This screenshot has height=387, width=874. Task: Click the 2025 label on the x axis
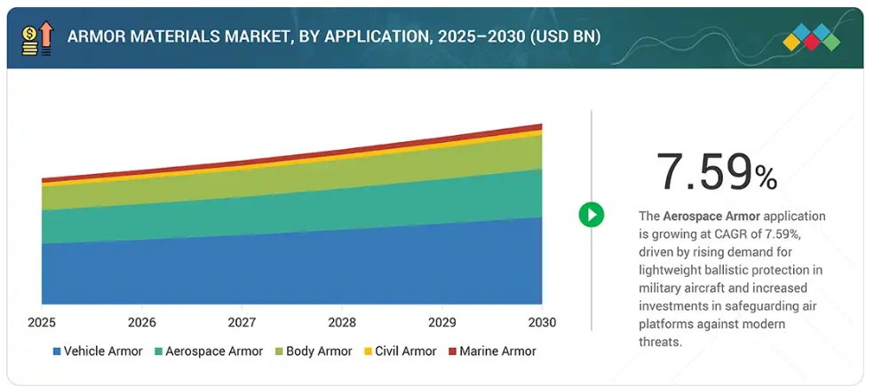[x=42, y=321]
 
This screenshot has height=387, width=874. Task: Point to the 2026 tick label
[x=141, y=321]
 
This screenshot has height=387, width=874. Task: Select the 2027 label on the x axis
[x=242, y=321]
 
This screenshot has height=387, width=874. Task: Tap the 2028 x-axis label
[x=342, y=321]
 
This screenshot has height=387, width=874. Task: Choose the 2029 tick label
[x=442, y=321]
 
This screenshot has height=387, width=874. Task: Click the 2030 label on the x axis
[x=542, y=321]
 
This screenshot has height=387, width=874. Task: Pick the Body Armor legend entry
[x=317, y=351]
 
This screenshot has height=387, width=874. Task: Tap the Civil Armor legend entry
[x=400, y=351]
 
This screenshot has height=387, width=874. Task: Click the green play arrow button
[x=592, y=214]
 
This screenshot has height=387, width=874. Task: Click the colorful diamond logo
[x=811, y=37]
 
